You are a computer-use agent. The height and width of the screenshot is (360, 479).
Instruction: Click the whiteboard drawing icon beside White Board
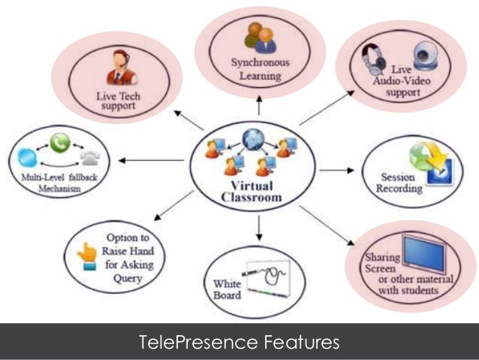tap(264, 279)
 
